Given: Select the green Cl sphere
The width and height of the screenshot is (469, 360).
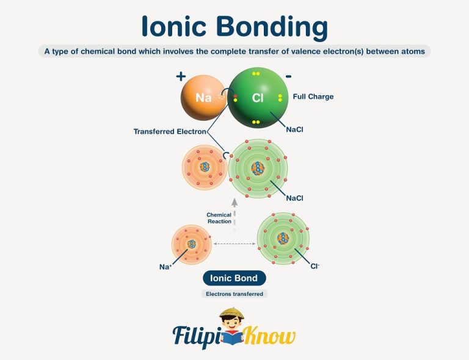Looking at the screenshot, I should pyautogui.click(x=257, y=98).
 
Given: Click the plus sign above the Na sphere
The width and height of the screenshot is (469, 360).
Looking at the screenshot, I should pyautogui.click(x=180, y=76).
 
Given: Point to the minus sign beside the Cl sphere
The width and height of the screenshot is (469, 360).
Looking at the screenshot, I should pyautogui.click(x=288, y=76).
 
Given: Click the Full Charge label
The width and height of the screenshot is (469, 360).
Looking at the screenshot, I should pyautogui.click(x=313, y=96).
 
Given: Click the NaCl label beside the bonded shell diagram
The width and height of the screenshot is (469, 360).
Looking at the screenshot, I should pyautogui.click(x=294, y=198).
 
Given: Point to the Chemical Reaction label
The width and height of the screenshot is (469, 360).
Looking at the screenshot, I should pyautogui.click(x=219, y=218).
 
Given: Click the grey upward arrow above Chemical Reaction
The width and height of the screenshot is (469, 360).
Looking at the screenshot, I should pyautogui.click(x=234, y=203).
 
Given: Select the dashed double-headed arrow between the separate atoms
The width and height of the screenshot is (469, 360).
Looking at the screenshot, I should pyautogui.click(x=234, y=244).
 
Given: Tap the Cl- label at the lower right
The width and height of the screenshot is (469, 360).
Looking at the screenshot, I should pyautogui.click(x=315, y=267).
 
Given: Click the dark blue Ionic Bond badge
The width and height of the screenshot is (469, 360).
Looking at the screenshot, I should pyautogui.click(x=234, y=278).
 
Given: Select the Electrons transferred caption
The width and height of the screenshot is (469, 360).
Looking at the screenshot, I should pyautogui.click(x=234, y=294).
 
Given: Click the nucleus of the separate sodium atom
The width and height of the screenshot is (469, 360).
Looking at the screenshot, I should pyautogui.click(x=192, y=244).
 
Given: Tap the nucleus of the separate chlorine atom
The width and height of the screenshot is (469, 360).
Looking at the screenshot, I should pyautogui.click(x=283, y=239).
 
